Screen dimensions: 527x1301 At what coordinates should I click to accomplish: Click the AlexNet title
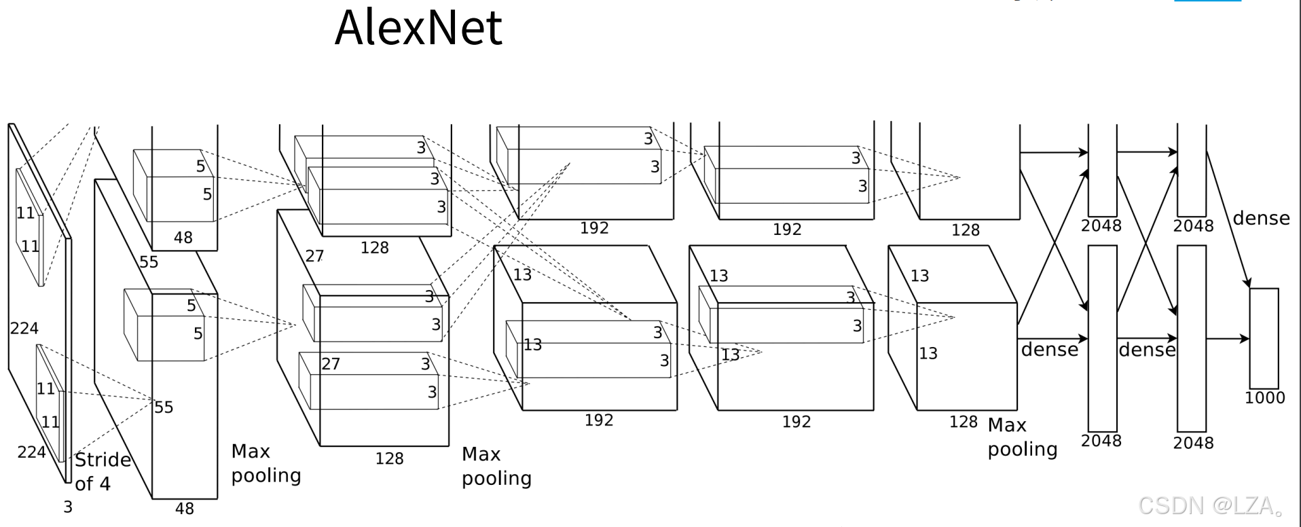(418, 29)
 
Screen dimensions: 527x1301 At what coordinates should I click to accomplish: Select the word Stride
(103, 460)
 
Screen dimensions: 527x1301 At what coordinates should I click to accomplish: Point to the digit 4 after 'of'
(105, 484)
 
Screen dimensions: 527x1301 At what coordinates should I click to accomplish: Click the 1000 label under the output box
(1264, 398)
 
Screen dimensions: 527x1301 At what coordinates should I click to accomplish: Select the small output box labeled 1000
(1264, 338)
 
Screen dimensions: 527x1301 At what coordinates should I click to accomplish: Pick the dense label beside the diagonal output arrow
(1261, 219)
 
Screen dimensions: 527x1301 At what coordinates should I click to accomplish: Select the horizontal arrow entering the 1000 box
(1228, 338)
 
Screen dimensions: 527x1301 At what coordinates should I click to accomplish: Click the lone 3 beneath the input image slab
(68, 507)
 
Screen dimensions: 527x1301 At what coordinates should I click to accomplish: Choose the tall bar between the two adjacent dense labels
(1103, 338)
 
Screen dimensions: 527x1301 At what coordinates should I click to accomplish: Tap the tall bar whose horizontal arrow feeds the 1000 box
(1192, 338)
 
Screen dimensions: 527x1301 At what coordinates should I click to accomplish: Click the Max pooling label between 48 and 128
(265, 463)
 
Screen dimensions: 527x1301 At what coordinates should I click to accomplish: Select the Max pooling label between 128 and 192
(496, 466)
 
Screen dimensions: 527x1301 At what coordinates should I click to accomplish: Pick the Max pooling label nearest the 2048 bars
(1022, 437)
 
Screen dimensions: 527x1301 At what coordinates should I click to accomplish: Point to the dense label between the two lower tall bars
(1147, 350)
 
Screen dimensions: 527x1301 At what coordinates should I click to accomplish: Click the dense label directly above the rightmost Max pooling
(1050, 349)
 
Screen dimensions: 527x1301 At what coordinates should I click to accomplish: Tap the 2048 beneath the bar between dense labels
(1101, 441)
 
